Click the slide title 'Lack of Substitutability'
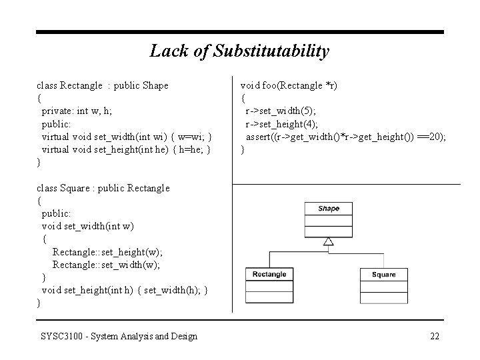(239, 51)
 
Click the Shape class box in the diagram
(328, 219)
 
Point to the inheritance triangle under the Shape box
(328, 241)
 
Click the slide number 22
(435, 336)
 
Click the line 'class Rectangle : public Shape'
(103, 85)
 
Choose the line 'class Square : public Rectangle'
(103, 188)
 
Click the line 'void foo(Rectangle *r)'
(288, 85)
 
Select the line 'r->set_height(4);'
(282, 124)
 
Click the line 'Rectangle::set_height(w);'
(107, 252)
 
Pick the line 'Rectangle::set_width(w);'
(107, 265)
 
